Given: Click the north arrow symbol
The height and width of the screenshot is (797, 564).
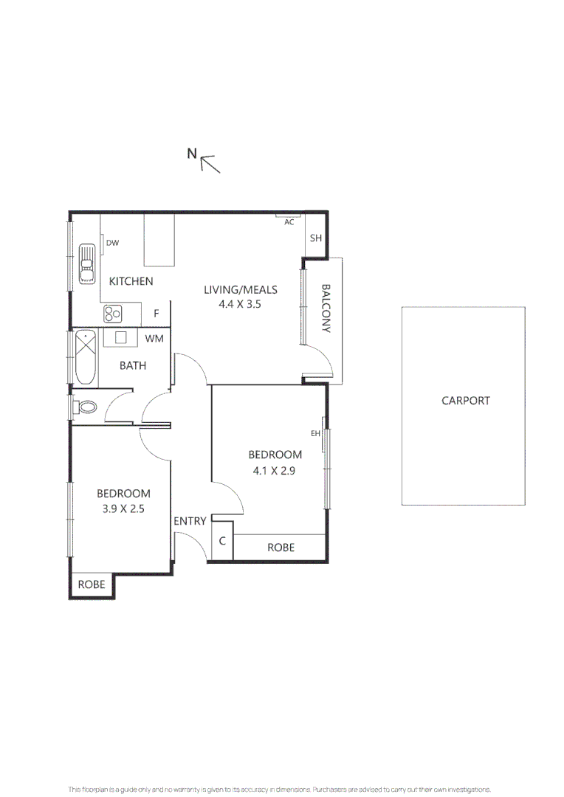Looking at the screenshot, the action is click(210, 164).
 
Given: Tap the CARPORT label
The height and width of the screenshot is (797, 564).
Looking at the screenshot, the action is click(465, 401).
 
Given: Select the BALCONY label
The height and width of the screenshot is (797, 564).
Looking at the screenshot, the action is click(326, 308).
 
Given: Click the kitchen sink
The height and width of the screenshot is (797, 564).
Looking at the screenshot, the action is click(87, 263).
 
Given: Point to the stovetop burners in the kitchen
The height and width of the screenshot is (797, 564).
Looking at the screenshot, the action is click(113, 314).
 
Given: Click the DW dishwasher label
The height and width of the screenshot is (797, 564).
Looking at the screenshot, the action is click(112, 243).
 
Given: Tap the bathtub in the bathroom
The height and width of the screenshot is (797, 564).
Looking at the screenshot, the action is click(86, 356).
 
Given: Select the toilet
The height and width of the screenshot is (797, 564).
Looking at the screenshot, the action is click(84, 407).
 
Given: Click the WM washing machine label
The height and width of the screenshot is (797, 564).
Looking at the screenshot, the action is click(154, 339).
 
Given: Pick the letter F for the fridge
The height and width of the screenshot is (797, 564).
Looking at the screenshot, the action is click(156, 314).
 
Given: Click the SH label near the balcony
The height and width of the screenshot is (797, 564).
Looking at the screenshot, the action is click(316, 238).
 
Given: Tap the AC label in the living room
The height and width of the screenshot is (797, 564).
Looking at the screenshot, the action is click(289, 222).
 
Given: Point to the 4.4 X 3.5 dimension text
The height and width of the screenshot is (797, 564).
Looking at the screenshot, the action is click(239, 304).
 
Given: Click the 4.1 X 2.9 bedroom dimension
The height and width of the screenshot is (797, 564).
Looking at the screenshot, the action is click(274, 471).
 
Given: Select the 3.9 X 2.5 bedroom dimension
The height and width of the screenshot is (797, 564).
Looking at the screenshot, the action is click(123, 508).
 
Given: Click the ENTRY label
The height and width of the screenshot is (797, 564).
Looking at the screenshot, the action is click(190, 521).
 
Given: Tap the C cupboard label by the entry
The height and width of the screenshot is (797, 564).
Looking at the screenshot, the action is click(222, 541).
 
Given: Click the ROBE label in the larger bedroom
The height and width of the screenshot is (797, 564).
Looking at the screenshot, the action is click(281, 548).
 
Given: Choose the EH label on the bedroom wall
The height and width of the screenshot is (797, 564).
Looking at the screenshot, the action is click(315, 434).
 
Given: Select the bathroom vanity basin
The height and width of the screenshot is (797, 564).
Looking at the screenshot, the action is click(120, 337).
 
